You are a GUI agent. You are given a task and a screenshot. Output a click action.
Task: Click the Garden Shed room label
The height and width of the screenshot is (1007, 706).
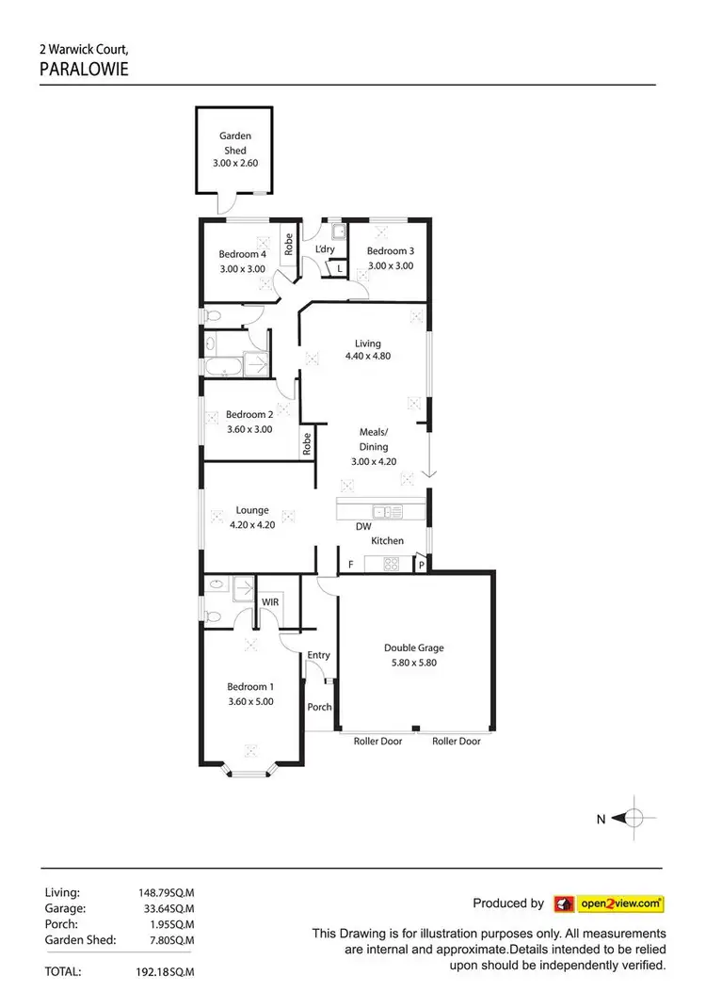pos(234,143)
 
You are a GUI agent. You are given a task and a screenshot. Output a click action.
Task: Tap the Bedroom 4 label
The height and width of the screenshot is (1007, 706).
pos(243,254)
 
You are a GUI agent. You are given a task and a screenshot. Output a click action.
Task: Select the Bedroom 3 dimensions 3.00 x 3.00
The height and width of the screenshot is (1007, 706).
pos(390,266)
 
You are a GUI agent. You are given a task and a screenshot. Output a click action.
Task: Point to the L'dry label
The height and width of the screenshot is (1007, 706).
pos(325,249)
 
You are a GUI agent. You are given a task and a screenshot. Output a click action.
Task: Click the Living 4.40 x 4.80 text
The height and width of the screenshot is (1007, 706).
pos(367,350)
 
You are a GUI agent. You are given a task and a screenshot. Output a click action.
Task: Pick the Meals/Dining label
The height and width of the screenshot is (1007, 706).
pos(367,440)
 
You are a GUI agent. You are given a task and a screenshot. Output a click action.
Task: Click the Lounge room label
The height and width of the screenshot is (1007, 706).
pos(252,511)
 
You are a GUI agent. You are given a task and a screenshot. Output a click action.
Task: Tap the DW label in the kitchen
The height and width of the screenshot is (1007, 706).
pos(362,527)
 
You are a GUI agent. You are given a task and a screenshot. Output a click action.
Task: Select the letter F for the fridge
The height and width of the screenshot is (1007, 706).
pos(351,565)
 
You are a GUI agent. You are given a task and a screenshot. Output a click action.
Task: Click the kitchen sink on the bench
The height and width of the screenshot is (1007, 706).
pos(386,512)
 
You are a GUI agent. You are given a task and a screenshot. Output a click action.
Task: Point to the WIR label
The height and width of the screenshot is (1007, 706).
pos(270,600)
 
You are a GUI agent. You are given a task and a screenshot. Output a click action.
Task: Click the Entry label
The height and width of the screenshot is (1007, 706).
pos(319,655)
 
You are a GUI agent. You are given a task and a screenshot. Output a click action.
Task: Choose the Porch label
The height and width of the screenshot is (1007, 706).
pos(319,706)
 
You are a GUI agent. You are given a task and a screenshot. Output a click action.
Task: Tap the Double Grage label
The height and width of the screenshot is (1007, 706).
pos(413,647)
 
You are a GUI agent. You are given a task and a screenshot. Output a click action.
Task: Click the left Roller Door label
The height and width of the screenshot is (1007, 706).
pos(377,742)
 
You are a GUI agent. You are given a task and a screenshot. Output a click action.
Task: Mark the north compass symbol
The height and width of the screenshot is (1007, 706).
pos(634,819)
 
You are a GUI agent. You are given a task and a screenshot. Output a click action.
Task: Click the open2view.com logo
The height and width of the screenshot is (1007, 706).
pos(609,903)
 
